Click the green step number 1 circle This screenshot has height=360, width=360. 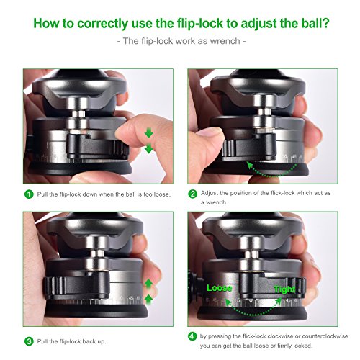point(29,194)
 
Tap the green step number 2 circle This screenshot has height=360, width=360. point(192,194)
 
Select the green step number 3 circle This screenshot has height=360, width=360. point(29,341)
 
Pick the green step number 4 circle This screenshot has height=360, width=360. point(192,336)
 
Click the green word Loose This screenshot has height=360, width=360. point(219,288)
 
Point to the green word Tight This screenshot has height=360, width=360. point(284,289)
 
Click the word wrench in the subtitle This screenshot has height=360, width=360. point(225,41)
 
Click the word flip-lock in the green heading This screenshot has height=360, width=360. point(199,23)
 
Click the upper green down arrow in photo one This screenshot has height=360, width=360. point(149,132)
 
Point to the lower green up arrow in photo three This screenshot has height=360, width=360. point(149,300)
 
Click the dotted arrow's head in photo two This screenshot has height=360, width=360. point(250,166)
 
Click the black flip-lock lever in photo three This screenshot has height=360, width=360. point(76,285)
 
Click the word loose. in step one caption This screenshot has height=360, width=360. point(162,194)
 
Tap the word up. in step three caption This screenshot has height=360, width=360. point(101,341)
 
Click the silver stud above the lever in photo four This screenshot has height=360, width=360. point(251,254)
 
